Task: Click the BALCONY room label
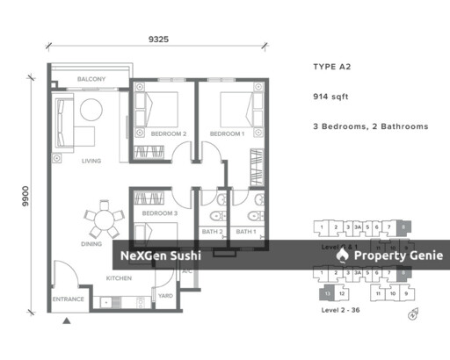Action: pos(91,79)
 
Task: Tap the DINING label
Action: pos(91,243)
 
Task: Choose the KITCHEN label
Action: pos(119,278)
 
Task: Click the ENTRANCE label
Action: pos(68,299)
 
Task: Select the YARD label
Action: pos(165,297)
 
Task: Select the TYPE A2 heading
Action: pos(332,67)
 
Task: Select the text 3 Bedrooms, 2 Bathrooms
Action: pos(370,126)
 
